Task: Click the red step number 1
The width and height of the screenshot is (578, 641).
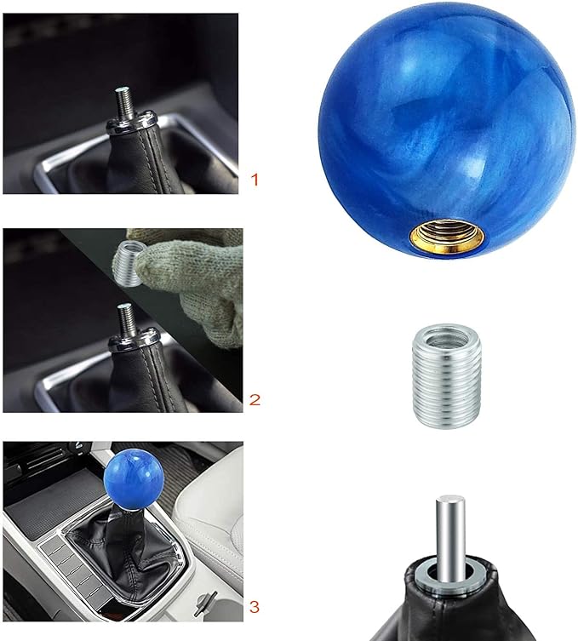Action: tap(253, 180)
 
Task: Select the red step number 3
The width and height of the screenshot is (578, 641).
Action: tap(254, 607)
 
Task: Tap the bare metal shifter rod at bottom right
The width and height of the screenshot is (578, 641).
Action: tap(450, 528)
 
